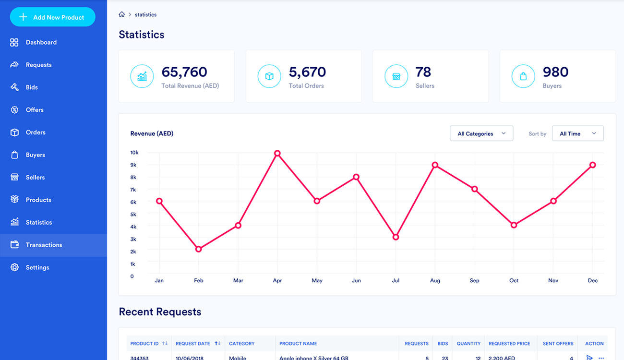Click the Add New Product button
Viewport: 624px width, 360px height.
(53, 17)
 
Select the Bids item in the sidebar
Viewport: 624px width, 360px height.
(32, 87)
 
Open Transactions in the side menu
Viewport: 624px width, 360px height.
(44, 245)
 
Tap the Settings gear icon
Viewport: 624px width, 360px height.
(14, 267)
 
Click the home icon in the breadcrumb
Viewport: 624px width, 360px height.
(122, 14)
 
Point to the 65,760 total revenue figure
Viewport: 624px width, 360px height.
(184, 72)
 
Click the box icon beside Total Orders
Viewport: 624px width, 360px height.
(269, 76)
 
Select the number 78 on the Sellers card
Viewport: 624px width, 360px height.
(423, 72)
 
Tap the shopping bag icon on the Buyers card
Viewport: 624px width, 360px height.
(523, 76)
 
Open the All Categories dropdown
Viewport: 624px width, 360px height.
(481, 133)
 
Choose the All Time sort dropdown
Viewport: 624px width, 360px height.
(577, 133)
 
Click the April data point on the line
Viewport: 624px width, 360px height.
(277, 154)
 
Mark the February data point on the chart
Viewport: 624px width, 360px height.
(199, 249)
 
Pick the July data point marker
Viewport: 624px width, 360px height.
(396, 237)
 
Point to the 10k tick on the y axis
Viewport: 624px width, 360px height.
(134, 153)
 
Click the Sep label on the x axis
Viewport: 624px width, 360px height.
(474, 280)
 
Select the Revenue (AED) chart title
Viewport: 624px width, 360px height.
(152, 133)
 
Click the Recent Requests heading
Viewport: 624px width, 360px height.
(160, 312)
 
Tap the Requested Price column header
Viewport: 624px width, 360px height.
(509, 344)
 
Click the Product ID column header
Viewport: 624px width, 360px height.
(144, 344)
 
